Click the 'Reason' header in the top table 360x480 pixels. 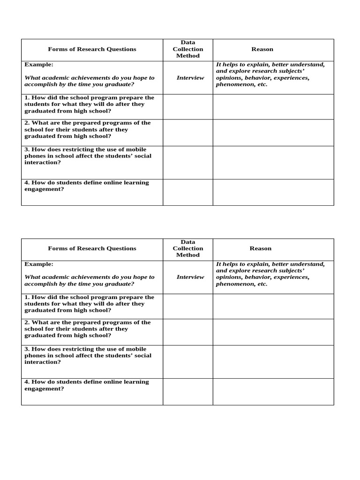(x=262, y=49)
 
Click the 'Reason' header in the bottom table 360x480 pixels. (x=261, y=248)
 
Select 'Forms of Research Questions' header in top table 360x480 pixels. (x=92, y=49)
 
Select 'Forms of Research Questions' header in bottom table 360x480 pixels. (x=92, y=248)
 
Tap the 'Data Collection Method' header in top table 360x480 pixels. (x=187, y=49)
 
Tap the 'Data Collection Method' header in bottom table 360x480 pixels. (x=187, y=248)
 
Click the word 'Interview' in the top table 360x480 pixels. (x=190, y=78)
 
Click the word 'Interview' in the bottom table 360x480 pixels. (x=190, y=277)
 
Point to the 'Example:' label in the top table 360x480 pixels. (x=39, y=65)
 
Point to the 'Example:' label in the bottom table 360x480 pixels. (x=39, y=264)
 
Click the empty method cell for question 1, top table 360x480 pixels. (x=187, y=107)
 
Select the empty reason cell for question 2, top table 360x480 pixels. (x=273, y=133)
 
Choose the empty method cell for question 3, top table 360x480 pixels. (x=187, y=162)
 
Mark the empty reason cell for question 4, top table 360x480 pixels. (x=273, y=192)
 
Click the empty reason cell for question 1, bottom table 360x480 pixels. (x=273, y=307)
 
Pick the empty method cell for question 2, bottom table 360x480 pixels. (x=187, y=332)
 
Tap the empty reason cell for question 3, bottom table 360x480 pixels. (x=273, y=362)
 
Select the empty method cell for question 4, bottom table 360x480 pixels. (x=187, y=392)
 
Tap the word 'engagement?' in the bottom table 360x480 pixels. (x=44, y=389)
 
